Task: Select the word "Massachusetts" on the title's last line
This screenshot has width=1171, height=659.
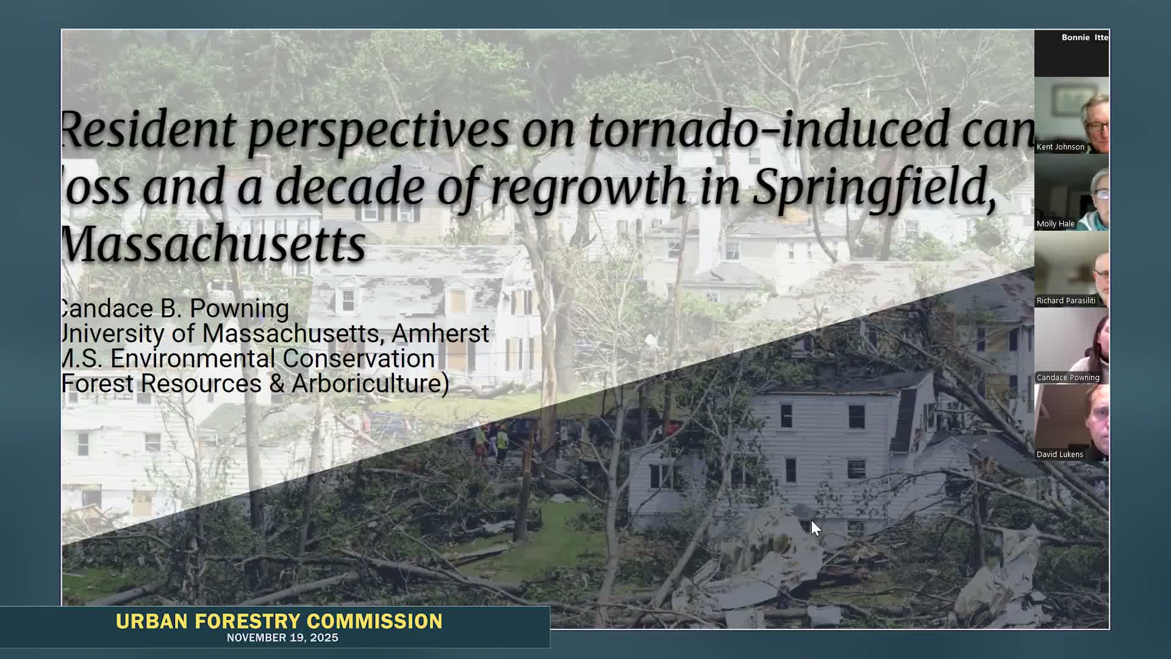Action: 213,243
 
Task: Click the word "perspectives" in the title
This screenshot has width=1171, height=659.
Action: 378,131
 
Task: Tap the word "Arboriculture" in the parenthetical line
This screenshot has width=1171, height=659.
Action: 369,384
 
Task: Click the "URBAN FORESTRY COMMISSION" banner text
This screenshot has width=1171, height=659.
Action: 279,621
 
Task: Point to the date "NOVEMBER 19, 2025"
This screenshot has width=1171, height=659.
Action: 282,638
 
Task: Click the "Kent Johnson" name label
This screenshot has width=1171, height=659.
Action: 1060,147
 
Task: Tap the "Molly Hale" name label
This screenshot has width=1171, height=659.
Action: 1055,224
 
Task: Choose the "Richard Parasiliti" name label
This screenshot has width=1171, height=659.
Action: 1065,301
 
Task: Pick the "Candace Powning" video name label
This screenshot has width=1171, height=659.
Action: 1067,378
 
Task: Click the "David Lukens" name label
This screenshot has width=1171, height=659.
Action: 1059,455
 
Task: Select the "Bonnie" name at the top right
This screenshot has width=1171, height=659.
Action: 1075,38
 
